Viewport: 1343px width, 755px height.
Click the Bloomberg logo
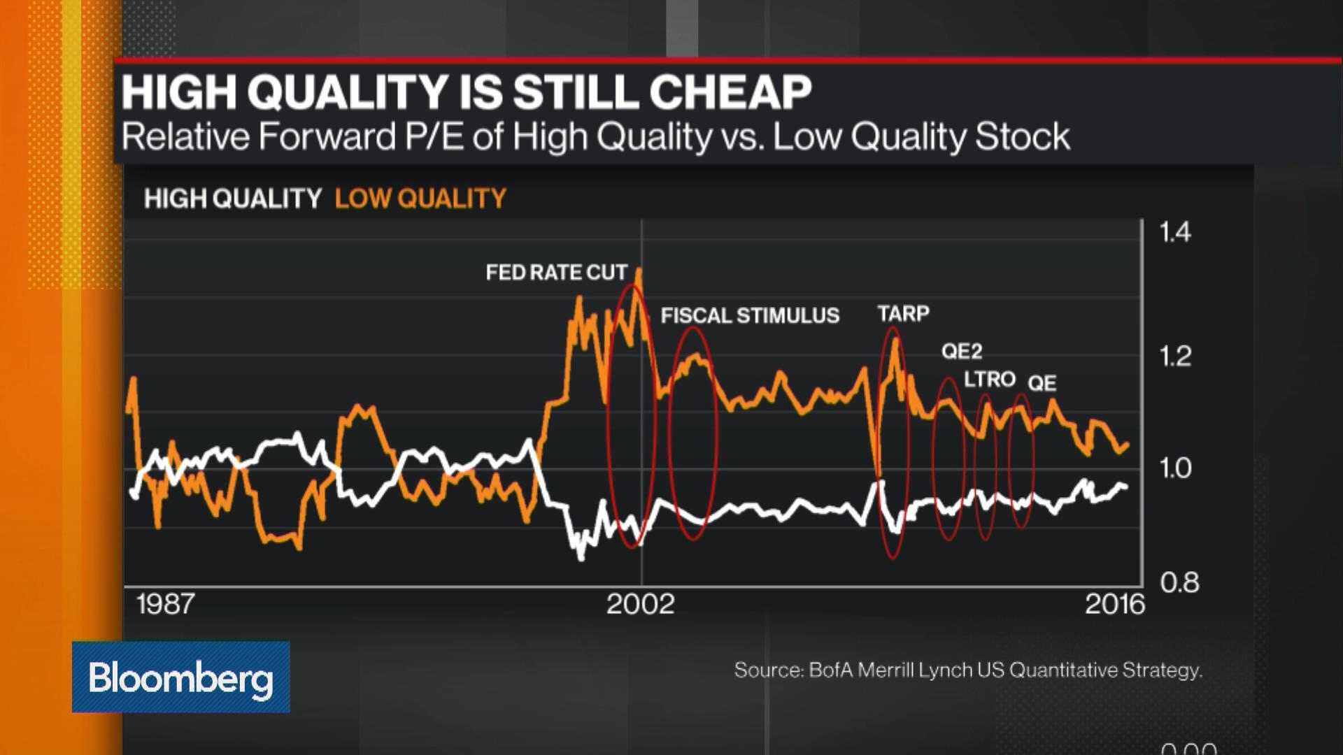[x=180, y=677]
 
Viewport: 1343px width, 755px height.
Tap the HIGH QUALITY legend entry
[x=232, y=199]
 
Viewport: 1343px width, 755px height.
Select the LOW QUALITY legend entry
[x=420, y=199]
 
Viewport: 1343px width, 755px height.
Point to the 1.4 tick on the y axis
[x=1175, y=232]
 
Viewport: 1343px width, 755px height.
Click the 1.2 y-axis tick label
[x=1175, y=357]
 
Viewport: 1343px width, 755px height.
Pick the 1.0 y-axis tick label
[x=1175, y=468]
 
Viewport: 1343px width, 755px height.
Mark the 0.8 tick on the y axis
[x=1179, y=582]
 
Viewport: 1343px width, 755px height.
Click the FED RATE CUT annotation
[x=557, y=272]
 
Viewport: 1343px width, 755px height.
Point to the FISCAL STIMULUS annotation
[x=750, y=315]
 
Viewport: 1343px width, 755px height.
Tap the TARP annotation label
[x=903, y=313]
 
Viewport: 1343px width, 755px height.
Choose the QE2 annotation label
[x=962, y=351]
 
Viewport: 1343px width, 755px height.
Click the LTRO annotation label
[x=989, y=379]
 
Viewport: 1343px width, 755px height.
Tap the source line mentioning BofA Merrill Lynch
[x=968, y=670]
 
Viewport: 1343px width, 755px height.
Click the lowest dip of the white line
[x=581, y=557]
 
